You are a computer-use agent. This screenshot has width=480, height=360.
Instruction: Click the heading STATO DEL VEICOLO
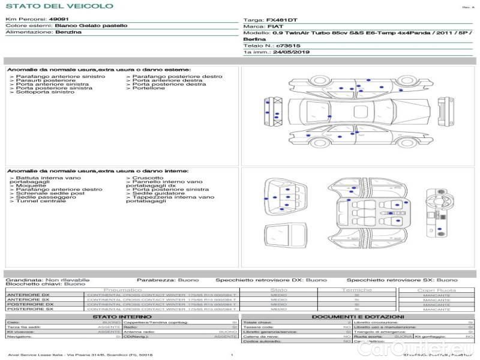coord(59,6)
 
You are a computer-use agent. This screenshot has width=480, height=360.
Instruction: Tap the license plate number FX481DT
coord(282,20)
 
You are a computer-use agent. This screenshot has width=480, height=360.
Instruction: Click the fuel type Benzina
coord(68,32)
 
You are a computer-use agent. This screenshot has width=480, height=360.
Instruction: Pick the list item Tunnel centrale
coord(41,201)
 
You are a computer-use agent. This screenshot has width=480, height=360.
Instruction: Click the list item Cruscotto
coord(148,178)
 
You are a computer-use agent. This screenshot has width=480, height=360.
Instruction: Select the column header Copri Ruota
coord(436,290)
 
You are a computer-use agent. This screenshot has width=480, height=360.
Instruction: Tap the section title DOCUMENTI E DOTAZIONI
coord(358,316)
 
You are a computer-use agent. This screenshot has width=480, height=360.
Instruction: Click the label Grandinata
coord(23,280)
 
